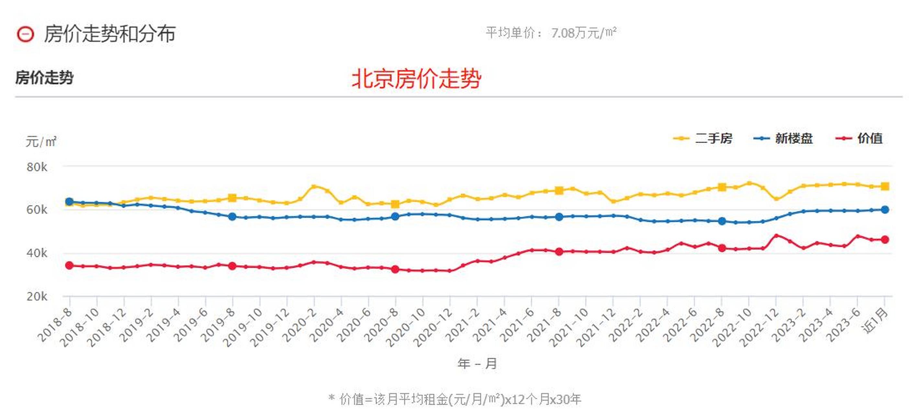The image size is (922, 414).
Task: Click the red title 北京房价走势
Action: (x=416, y=79)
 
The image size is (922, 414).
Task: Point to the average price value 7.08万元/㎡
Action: (x=583, y=33)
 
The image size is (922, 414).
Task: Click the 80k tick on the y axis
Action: (x=37, y=167)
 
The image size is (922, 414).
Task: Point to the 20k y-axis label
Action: (x=37, y=296)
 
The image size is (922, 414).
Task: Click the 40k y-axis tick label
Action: (x=37, y=253)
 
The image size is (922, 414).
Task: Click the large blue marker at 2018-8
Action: (x=70, y=202)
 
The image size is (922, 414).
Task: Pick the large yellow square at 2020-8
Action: (x=395, y=204)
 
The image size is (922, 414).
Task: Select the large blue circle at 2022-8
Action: (x=722, y=221)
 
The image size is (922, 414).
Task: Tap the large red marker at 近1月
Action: (x=885, y=239)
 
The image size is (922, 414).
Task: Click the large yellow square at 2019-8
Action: (x=232, y=198)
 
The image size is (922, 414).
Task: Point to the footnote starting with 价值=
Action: (x=455, y=399)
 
